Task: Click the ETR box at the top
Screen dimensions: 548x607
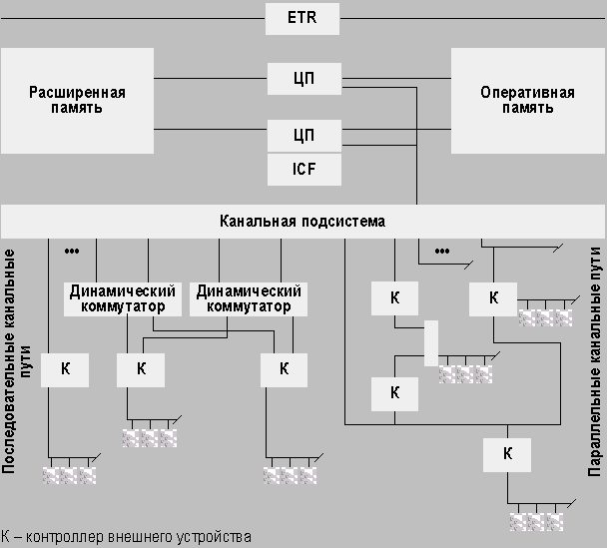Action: click(303, 18)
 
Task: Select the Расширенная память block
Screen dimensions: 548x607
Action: click(77, 101)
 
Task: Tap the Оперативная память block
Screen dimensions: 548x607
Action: click(528, 101)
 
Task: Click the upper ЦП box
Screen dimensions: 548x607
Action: click(303, 77)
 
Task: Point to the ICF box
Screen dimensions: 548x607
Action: click(303, 169)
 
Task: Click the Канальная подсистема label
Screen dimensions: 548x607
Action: click(302, 221)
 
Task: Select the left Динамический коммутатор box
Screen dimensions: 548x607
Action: click(122, 298)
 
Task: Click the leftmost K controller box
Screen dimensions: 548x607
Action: click(66, 368)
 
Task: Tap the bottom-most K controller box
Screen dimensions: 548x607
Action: click(507, 454)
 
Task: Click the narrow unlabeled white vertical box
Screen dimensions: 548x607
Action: click(431, 342)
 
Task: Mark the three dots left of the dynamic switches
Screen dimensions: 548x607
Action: click(71, 250)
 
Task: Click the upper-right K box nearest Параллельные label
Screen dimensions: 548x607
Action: click(493, 297)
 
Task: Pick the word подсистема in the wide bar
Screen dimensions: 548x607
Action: click(345, 221)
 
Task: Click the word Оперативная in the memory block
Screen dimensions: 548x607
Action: click(528, 93)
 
